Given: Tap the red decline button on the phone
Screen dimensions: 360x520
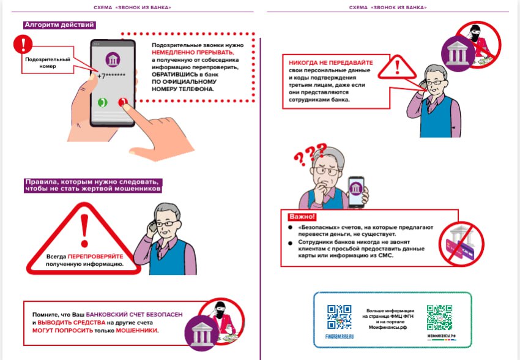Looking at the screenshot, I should pos(124,103).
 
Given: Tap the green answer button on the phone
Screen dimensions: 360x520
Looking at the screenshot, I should pos(102,103).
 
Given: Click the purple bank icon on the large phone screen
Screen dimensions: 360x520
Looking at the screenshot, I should pos(113,60).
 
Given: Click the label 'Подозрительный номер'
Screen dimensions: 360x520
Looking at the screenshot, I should pos(47,62).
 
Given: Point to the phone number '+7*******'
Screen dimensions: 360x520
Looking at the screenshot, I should pos(113,75).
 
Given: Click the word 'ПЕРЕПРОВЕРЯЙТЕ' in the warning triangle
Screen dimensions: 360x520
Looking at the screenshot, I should pos(95,255).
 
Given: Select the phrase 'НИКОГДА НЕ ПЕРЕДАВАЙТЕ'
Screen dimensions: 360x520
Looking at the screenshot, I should pos(327,62).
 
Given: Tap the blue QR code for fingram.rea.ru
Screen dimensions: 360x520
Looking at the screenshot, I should pos(339,318).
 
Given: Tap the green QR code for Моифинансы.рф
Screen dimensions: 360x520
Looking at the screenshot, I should pos(439,318).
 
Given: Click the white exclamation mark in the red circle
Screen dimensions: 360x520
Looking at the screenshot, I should pos(24,43).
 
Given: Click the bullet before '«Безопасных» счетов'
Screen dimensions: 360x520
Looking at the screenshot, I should pos(290,227).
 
